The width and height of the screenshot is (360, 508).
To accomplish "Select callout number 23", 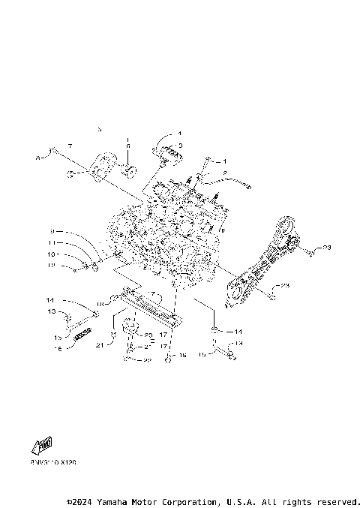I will (327, 246).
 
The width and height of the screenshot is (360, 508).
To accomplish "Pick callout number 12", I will (52, 265).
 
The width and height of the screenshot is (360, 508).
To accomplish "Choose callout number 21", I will (98, 344).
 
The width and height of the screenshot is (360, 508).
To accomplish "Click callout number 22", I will (147, 360).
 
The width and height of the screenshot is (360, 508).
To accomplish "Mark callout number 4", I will (179, 133).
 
